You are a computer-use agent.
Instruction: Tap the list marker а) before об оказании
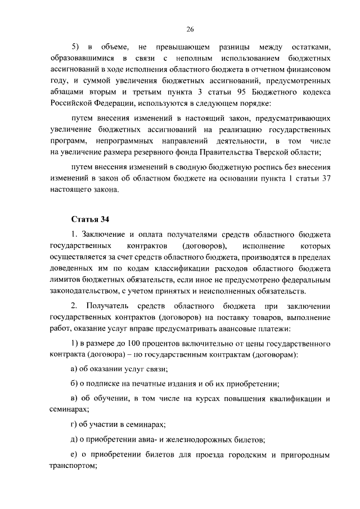click(x=75, y=369)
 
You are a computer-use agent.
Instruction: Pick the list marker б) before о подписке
click(x=75, y=384)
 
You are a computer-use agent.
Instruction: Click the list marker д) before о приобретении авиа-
click(x=75, y=440)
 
